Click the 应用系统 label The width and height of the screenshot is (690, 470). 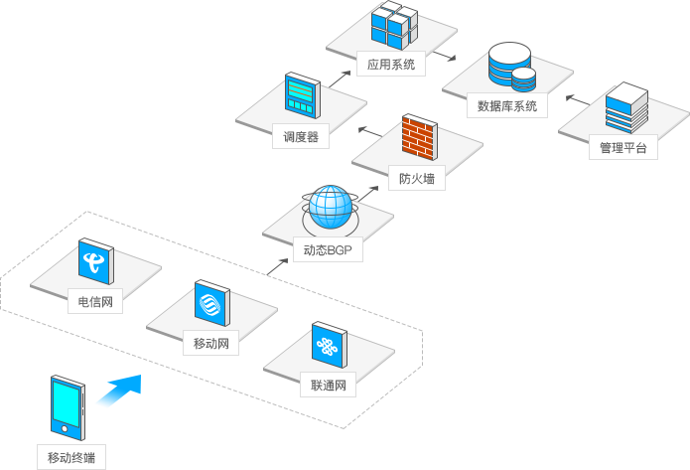[390, 65]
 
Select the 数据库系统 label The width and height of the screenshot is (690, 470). [506, 105]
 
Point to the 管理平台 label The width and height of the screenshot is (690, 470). [622, 148]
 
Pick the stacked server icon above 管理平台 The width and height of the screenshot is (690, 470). [625, 109]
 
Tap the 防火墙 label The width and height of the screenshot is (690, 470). [416, 180]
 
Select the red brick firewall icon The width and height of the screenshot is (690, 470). [419, 139]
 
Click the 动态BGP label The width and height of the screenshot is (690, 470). [329, 250]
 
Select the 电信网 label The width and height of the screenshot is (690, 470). [95, 301]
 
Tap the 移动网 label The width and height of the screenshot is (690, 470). [211, 344]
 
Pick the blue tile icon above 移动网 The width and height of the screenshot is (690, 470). [212, 304]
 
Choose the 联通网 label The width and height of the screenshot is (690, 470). [328, 386]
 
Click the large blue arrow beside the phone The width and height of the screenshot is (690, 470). [120, 390]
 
